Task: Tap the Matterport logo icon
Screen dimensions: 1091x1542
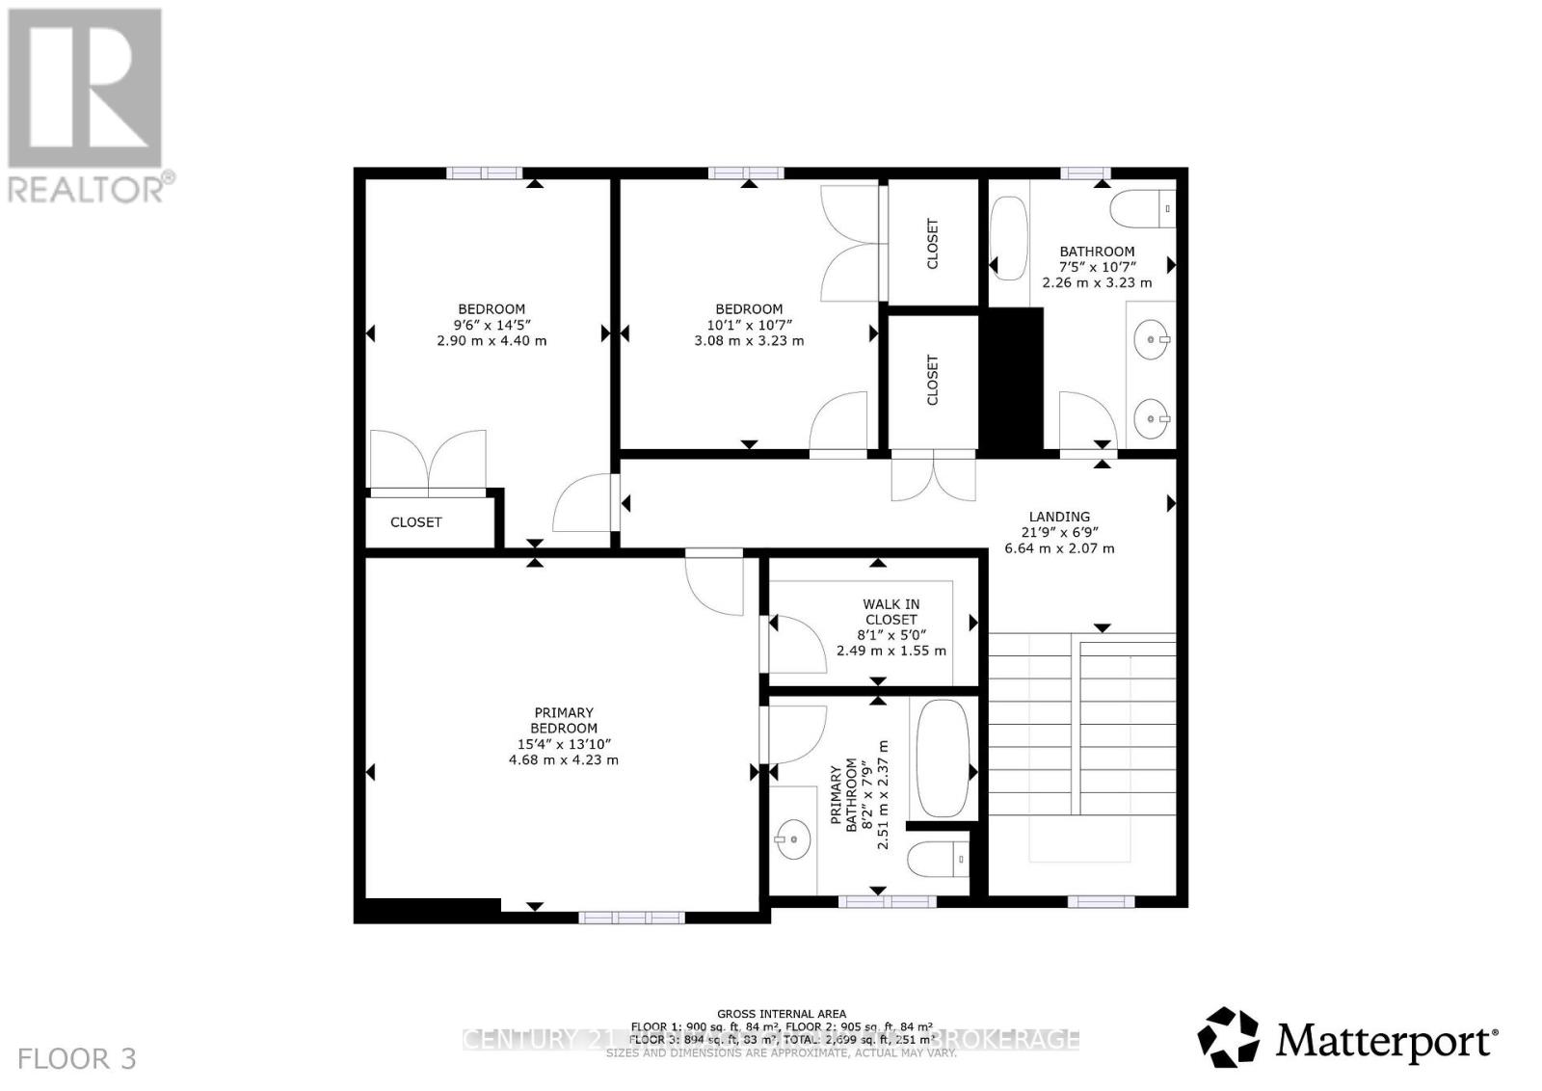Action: tap(1228, 1038)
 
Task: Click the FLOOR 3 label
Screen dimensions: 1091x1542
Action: tap(77, 1059)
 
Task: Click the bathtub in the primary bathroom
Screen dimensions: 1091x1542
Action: tap(943, 758)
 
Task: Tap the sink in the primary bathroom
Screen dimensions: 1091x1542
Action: tap(792, 838)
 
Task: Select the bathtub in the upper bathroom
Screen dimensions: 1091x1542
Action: tap(1009, 238)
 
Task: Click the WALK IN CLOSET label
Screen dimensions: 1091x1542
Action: tap(891, 612)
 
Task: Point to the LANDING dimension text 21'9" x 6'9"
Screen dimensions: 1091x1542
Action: tap(1059, 532)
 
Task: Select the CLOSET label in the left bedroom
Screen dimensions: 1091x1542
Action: tap(416, 522)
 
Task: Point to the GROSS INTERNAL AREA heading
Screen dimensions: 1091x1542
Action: tap(781, 1013)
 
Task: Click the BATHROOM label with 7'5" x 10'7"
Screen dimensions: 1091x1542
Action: tap(1097, 252)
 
